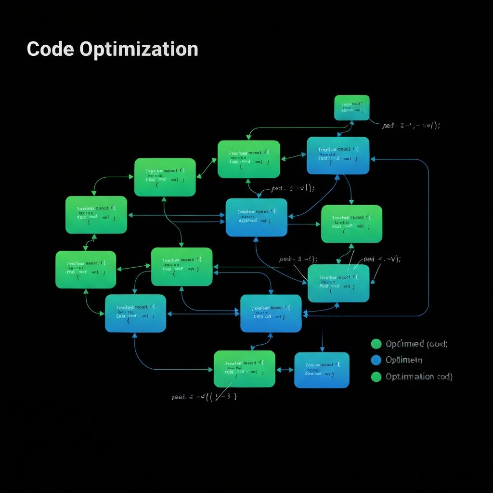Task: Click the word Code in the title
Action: point(51,49)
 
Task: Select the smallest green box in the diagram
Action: point(352,107)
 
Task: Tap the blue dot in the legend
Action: point(376,360)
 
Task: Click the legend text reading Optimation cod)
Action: point(419,376)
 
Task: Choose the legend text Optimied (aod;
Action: point(416,344)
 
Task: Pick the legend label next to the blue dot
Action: point(404,360)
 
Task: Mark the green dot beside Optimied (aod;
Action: point(376,344)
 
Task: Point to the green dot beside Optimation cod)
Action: point(376,376)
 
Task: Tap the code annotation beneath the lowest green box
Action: point(204,397)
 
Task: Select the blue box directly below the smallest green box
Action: point(338,156)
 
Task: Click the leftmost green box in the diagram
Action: point(86,270)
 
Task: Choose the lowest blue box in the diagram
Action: point(322,370)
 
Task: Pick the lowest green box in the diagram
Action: point(244,369)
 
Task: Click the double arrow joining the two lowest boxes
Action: point(285,370)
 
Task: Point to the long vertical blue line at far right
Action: point(428,236)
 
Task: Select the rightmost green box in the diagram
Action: point(351,224)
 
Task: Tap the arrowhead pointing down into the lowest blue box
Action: point(322,350)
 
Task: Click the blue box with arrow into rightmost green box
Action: point(257,218)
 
